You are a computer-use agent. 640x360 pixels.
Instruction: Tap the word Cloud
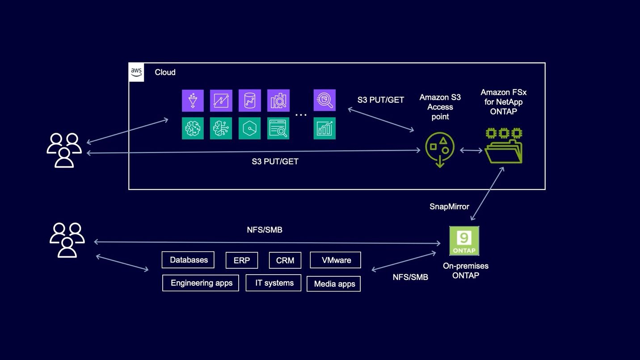tap(165, 72)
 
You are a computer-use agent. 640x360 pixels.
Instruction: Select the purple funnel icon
tap(193, 101)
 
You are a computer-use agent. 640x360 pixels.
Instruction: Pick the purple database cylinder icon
tap(249, 101)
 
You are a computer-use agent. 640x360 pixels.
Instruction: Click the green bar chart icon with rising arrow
tap(324, 128)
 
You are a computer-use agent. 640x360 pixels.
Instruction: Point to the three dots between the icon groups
tap(301, 115)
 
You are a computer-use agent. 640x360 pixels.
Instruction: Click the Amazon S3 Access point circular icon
tap(440, 149)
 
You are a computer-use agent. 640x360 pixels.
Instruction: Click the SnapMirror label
tap(449, 207)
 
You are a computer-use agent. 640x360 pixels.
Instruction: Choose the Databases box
tap(188, 260)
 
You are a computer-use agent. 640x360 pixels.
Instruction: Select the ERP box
tap(241, 260)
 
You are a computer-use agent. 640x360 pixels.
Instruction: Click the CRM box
tap(285, 260)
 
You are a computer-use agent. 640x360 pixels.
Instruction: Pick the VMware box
tap(336, 260)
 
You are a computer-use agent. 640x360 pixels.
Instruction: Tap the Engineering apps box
tap(201, 283)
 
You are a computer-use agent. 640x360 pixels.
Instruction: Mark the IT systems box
tap(274, 283)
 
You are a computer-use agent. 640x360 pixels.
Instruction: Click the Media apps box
tap(334, 284)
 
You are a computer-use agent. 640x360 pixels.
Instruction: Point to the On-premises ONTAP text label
tap(465, 271)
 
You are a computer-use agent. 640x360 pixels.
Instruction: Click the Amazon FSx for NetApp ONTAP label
tap(503, 102)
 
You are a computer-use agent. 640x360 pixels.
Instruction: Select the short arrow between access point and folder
tap(471, 151)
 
